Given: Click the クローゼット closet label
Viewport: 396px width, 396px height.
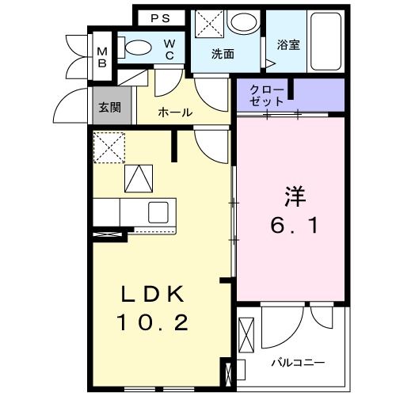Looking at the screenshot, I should tap(263, 96).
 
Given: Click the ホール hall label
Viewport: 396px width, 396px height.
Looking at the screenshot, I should tap(175, 112).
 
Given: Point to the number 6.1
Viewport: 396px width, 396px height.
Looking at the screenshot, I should tap(291, 227).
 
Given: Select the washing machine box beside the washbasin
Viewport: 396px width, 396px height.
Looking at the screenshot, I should tap(208, 21).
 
